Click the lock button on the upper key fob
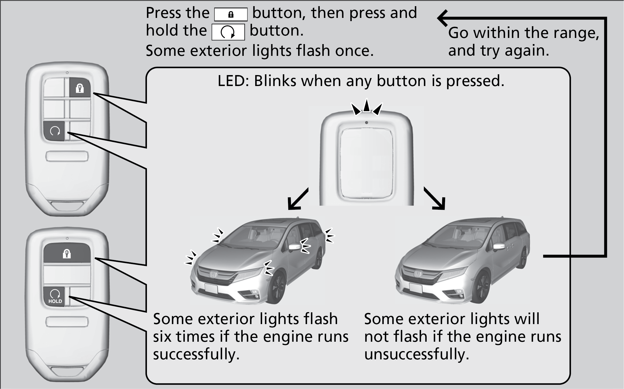point(80,87)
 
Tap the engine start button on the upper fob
point(55,131)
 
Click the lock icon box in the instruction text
point(231,14)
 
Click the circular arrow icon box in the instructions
point(228,32)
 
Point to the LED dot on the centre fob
point(366,123)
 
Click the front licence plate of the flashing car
point(211,288)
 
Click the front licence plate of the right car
point(415,288)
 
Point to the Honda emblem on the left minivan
point(214,274)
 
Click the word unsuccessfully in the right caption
point(417,354)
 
